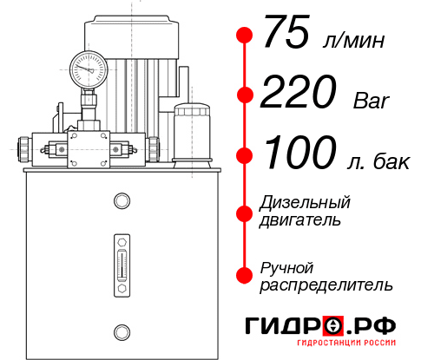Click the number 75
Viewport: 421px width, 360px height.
coord(287,36)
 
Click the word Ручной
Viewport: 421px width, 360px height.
coord(286,266)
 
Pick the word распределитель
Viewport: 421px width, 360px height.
coord(326,285)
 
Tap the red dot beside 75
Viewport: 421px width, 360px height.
coord(245,36)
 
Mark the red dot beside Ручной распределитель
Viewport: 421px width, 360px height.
coord(245,275)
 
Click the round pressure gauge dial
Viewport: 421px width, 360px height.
coord(88,66)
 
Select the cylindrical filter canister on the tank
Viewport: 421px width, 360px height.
coord(191,133)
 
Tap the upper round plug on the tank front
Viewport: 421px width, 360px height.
coord(122,202)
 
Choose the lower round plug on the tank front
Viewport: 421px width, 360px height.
coord(122,330)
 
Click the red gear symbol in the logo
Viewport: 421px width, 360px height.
coord(332,325)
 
